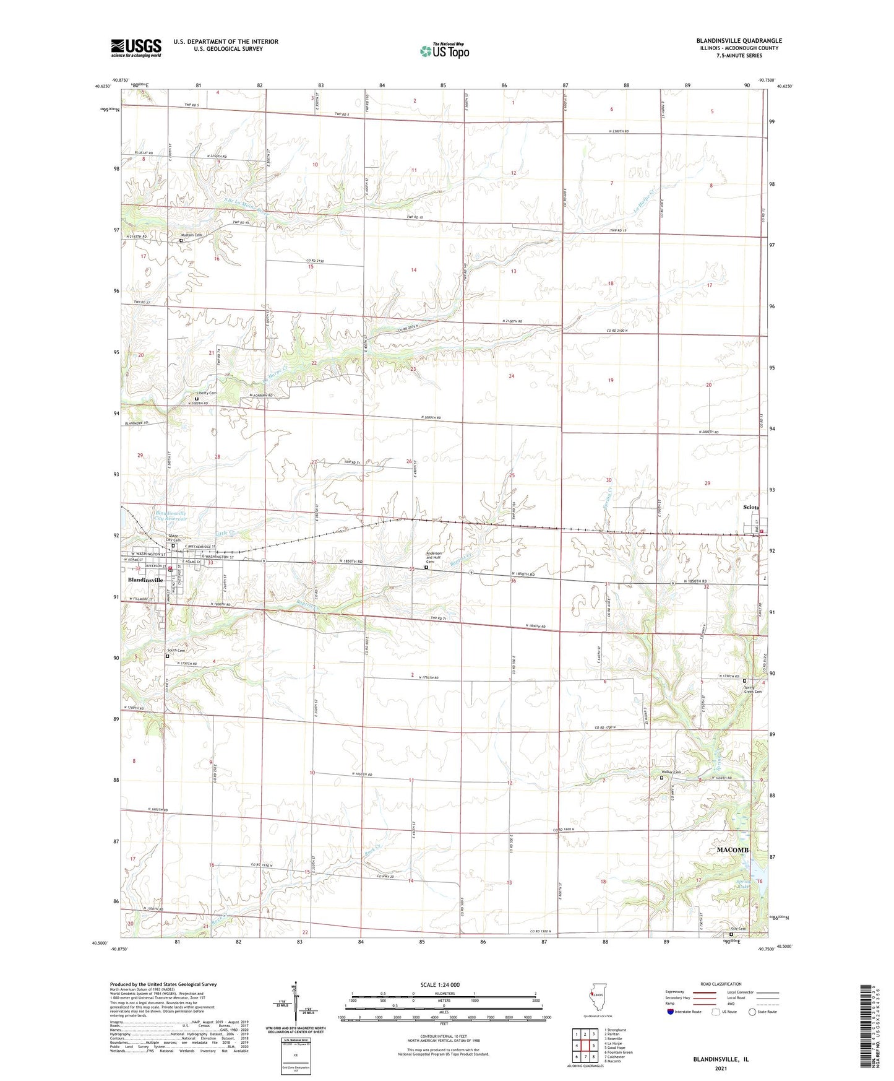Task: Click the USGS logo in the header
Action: click(x=136, y=47)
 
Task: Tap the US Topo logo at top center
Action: click(x=444, y=51)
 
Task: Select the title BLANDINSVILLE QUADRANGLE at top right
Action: click(x=739, y=41)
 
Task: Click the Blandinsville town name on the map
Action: click(x=145, y=580)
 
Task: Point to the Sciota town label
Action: click(x=752, y=508)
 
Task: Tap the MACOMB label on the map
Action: click(x=733, y=850)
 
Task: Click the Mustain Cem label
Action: click(x=191, y=235)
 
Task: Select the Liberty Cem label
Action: click(x=204, y=393)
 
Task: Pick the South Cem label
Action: click(x=176, y=651)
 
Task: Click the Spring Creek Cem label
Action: click(x=753, y=689)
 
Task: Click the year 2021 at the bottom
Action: click(x=720, y=1068)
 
